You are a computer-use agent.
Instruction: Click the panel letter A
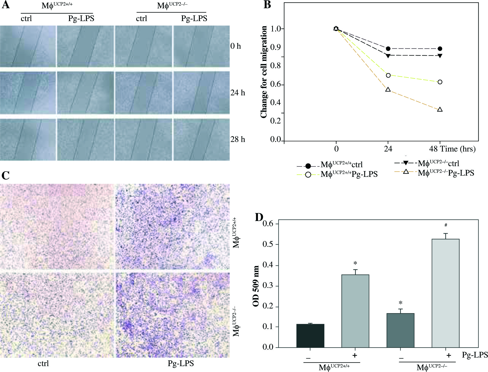pos(6,5)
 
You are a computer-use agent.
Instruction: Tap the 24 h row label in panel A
pos(238,93)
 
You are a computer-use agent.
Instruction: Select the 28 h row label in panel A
pos(238,139)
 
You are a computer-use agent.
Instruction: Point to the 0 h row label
pos(236,46)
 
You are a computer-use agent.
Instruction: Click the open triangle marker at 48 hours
pos(440,110)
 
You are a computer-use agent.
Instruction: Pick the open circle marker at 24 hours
pos(388,75)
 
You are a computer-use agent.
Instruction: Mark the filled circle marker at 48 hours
pos(440,49)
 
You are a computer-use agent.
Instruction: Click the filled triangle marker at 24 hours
pos(388,56)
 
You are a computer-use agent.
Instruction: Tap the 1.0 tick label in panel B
pos(276,29)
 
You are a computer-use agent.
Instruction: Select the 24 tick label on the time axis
pos(388,149)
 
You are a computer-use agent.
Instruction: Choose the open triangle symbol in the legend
pos(406,172)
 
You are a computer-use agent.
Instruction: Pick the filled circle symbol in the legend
pos(308,166)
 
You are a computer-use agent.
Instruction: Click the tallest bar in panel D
pos(445,293)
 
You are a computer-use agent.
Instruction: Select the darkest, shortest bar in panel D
pos(310,335)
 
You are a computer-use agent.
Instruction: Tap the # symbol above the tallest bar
pos(446,225)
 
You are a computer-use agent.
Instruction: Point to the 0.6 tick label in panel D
pos(268,224)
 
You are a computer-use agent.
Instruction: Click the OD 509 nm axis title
pos(256,286)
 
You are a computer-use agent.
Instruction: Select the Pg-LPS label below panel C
pos(181,363)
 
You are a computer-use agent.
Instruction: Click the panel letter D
pos(259,217)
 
